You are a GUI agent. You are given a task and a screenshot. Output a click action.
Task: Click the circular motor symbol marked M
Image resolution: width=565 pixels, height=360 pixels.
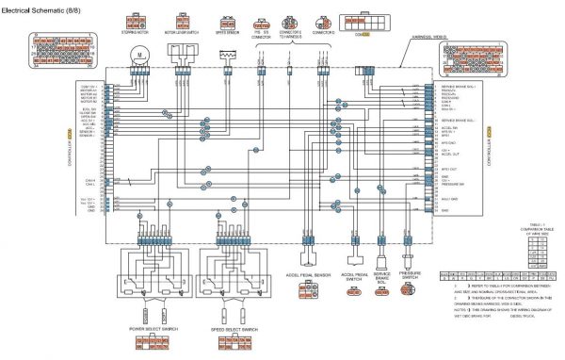(140, 56)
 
